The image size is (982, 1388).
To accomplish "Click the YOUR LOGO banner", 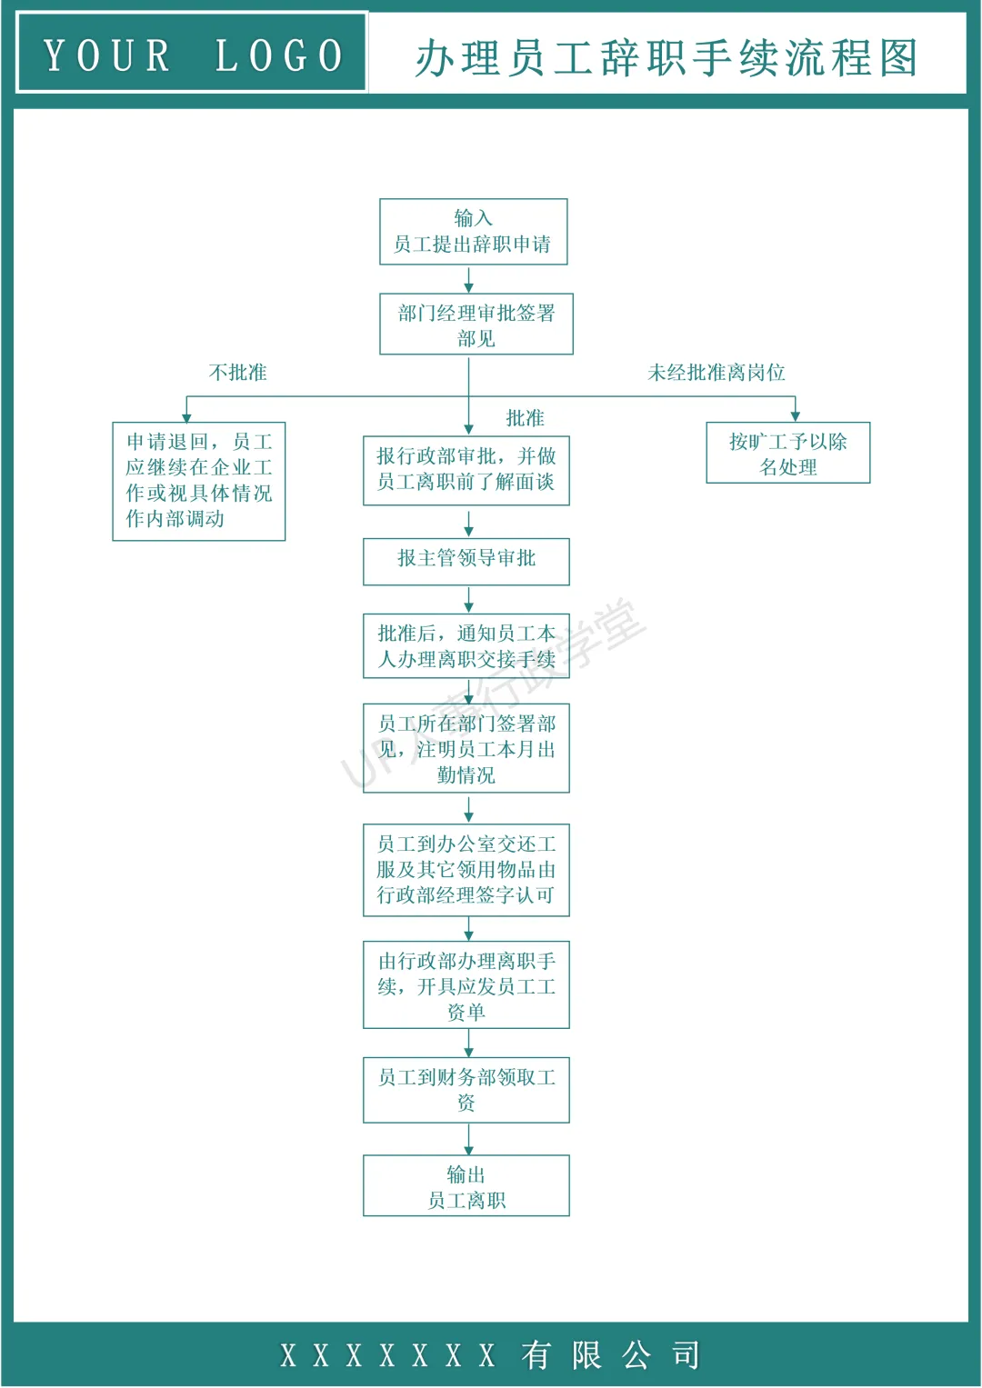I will pyautogui.click(x=192, y=54).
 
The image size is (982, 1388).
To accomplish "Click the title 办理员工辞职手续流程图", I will pyautogui.click(x=666, y=57).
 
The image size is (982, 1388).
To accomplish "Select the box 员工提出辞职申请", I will pyautogui.click(x=473, y=232).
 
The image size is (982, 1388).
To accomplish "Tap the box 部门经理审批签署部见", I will pyautogui.click(x=476, y=324).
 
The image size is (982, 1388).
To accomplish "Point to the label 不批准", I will pyautogui.click(x=237, y=373).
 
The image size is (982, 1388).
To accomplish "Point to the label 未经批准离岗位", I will pyautogui.click(x=716, y=373).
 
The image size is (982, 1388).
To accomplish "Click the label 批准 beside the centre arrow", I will pyautogui.click(x=525, y=418).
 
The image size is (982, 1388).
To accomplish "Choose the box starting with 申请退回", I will pyautogui.click(x=198, y=481).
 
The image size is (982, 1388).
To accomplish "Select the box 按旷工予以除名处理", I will pyautogui.click(x=787, y=453).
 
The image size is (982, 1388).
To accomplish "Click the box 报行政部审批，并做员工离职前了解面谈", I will pyautogui.click(x=466, y=469).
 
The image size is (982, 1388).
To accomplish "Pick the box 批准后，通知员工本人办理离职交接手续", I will pyautogui.click(x=466, y=646).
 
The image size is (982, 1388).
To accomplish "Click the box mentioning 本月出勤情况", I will pyautogui.click(x=466, y=748).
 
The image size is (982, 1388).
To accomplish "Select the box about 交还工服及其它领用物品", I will pyautogui.click(x=466, y=870).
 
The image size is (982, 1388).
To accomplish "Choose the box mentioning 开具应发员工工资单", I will pyautogui.click(x=466, y=985).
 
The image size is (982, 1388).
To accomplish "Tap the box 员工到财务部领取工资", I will pyautogui.click(x=466, y=1089).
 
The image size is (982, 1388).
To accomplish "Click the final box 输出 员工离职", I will pyautogui.click(x=466, y=1186).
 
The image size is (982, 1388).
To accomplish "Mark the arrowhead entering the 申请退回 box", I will pyautogui.click(x=186, y=417).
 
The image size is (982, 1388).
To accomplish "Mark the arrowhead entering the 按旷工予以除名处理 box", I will pyautogui.click(x=795, y=416).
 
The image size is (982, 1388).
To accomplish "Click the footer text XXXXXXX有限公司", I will pyautogui.click(x=490, y=1355).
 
